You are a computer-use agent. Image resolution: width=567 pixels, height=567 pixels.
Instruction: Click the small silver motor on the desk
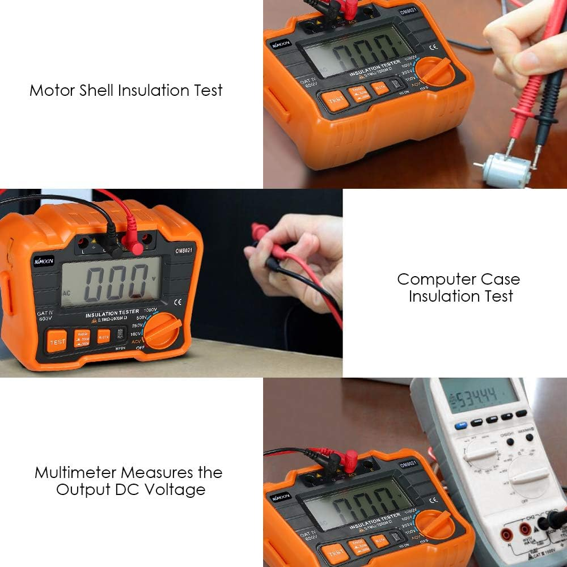pos(502,170)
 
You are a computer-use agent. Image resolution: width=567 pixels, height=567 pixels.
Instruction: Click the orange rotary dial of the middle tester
pos(163,331)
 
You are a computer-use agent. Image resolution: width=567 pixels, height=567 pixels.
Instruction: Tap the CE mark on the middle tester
pos(178,302)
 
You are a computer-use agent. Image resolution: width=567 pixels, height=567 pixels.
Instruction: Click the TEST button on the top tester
pos(336,100)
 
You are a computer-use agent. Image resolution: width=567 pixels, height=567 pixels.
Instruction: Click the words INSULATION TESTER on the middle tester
pos(112,313)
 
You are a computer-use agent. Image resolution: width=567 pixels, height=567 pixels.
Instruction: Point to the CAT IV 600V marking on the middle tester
pos(45,316)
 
